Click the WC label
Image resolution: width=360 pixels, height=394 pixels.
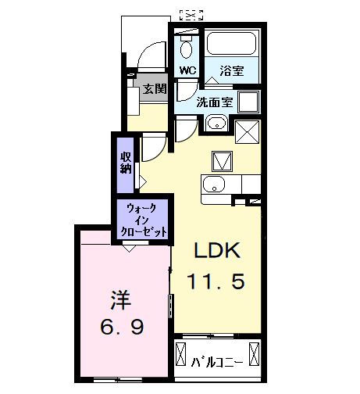pyautogui.click(x=187, y=70)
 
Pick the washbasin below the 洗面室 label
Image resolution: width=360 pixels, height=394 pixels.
pyautogui.click(x=216, y=124)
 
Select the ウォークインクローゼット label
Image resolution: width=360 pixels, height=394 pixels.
pyautogui.click(x=143, y=220)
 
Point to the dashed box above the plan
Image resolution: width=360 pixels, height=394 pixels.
pyautogui.click(x=191, y=13)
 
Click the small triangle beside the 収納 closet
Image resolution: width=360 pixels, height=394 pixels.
pyautogui.click(x=141, y=178)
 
